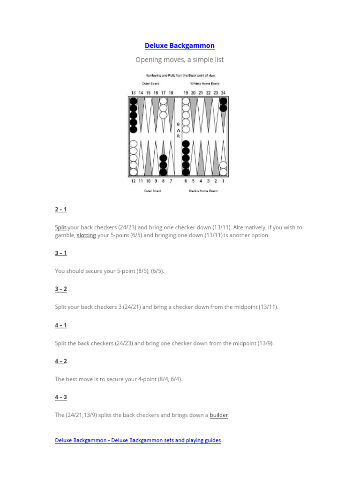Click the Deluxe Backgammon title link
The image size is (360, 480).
pos(180,45)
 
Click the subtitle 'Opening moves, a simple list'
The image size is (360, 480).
pos(180,60)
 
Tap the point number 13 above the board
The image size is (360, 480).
pos(133,93)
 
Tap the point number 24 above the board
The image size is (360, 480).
pos(223,93)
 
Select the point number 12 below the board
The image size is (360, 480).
pos(133,180)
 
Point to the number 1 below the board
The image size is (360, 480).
pos(223,180)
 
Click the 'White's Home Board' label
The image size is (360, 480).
pos(204,83)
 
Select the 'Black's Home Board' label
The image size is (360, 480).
pos(204,191)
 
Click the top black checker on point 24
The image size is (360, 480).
pos(223,101)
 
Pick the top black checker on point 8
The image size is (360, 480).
pos(163,158)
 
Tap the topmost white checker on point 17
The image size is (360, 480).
pos(163,101)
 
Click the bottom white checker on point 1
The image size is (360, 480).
pos(223,172)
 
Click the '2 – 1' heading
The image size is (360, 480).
pos(61,209)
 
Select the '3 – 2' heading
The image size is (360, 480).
pos(61,289)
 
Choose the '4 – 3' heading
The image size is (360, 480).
pos(61,397)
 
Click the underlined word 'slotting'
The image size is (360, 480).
pos(86,235)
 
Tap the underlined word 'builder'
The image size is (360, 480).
pos(219,415)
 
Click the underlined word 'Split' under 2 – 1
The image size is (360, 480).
pos(60,227)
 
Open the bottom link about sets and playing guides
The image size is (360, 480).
pos(138,441)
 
